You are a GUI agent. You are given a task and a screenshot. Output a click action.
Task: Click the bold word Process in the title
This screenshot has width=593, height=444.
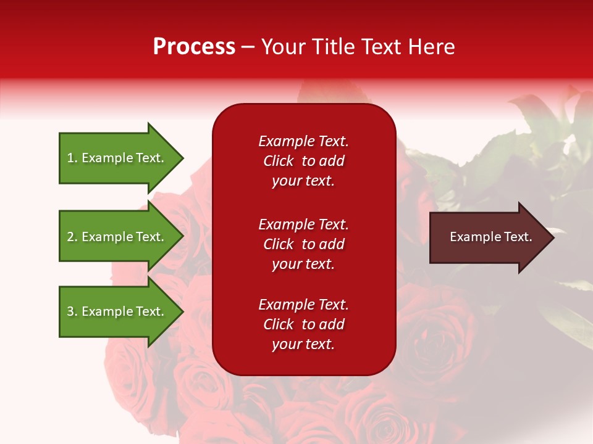(194, 47)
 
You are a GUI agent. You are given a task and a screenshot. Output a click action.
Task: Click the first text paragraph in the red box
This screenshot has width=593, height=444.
(303, 161)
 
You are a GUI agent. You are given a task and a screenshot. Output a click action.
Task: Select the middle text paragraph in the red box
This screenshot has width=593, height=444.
(303, 244)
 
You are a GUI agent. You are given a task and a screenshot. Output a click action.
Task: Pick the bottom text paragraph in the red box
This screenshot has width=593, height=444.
(303, 324)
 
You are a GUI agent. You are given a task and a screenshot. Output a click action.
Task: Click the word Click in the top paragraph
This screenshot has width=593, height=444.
(278, 161)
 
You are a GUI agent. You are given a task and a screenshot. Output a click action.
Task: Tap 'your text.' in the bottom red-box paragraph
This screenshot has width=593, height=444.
(303, 344)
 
